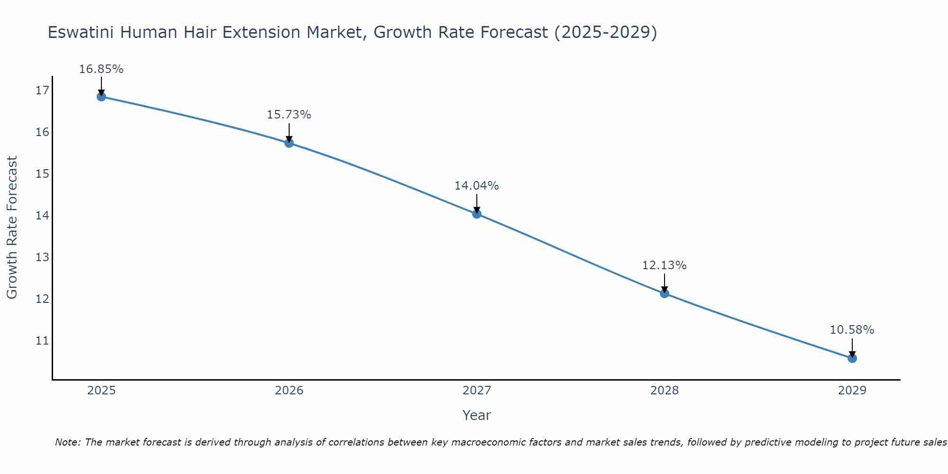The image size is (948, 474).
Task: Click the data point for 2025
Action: (101, 97)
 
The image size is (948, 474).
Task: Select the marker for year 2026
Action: (289, 143)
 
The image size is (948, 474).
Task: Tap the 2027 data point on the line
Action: (477, 214)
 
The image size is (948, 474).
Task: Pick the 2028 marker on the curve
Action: (665, 293)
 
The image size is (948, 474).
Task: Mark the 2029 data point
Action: (852, 358)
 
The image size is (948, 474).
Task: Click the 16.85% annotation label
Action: (101, 69)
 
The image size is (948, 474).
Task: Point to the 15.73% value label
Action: (289, 115)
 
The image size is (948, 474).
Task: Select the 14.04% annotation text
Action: (477, 186)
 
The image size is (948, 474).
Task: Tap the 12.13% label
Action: (665, 265)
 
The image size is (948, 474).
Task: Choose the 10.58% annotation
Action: (852, 330)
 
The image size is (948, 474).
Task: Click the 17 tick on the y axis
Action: (42, 90)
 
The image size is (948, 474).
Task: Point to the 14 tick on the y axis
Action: (42, 216)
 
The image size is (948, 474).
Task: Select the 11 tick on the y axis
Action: (42, 341)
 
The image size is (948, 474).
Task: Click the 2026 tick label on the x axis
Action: (289, 391)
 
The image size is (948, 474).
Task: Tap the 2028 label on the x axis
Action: (665, 391)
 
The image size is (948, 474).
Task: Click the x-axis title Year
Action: (477, 415)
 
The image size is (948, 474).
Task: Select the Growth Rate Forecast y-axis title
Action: (12, 228)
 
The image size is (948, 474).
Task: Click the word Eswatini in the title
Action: (81, 33)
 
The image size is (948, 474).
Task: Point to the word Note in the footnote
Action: (68, 442)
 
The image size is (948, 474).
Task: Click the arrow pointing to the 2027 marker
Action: (477, 204)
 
